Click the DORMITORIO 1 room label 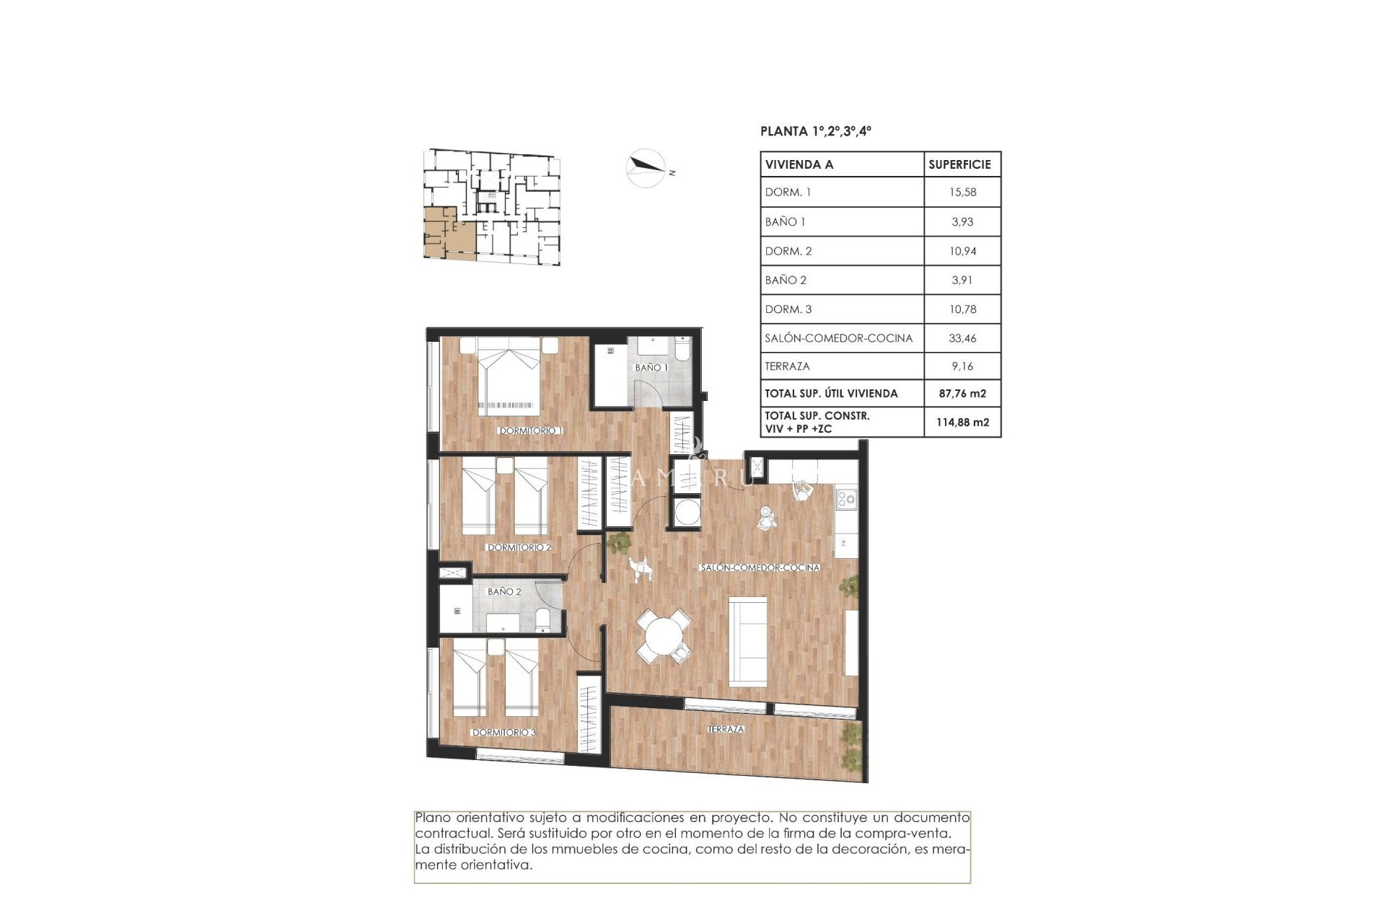coord(530,430)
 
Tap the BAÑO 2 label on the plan coord(504,591)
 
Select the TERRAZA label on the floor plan coord(726,729)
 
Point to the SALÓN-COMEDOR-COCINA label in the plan coord(760,568)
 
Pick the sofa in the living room coord(748,641)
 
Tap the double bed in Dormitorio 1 coord(509,379)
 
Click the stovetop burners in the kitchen coord(846,498)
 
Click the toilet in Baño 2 coord(543,619)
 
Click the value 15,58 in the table coord(962,192)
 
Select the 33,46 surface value coord(962,337)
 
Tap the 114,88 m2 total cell coord(962,422)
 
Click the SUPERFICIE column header coord(959,164)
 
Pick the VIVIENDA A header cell coord(799,164)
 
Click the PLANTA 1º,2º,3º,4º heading coord(815,131)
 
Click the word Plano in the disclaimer coord(433,818)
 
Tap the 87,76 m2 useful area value coord(962,393)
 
